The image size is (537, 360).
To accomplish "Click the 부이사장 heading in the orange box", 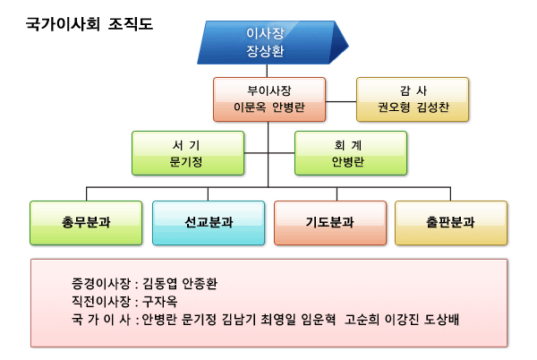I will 269,90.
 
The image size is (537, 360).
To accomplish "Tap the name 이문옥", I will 250,107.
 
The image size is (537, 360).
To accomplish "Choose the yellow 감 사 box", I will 412,99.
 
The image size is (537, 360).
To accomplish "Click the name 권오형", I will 394,107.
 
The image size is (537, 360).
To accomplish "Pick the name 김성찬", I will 430,107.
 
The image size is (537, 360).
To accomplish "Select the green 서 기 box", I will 187,153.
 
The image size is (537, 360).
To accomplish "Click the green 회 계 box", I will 351,153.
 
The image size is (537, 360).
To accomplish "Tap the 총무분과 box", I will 86,223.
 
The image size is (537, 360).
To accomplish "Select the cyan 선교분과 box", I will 208,223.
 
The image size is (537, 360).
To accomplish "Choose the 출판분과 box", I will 450,223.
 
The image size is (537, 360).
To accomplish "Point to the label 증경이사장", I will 102,283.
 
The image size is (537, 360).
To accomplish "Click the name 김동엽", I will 160,283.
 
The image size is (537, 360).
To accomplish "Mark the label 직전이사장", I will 102,301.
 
